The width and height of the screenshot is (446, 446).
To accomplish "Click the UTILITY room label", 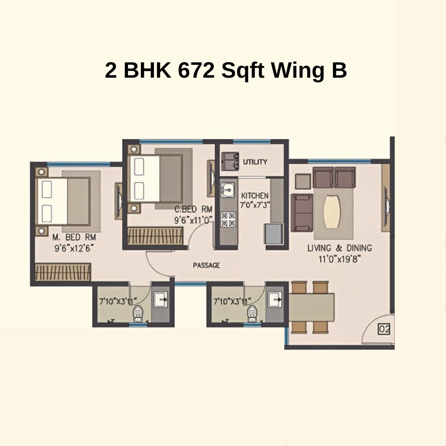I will click(255, 162).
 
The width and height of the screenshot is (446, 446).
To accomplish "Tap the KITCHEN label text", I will click(255, 195).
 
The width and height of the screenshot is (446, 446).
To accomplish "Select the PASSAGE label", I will click(206, 265).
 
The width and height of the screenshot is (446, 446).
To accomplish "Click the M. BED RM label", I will click(74, 237).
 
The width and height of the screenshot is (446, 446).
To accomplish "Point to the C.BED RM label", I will click(193, 210).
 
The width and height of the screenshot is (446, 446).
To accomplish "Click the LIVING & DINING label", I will click(339, 248).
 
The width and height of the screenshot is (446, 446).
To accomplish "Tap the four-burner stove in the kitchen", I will click(228, 219).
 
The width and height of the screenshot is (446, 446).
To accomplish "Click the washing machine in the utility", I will click(230, 160).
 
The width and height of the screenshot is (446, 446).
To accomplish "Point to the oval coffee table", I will click(332, 213).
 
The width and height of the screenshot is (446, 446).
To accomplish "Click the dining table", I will click(311, 307).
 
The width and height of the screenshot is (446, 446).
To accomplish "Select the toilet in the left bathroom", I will click(138, 314).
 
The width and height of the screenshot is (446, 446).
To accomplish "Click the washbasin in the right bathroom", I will click(275, 298).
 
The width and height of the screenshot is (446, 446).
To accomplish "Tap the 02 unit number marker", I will click(384, 329).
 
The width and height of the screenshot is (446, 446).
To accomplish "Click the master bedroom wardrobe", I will click(63, 272).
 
